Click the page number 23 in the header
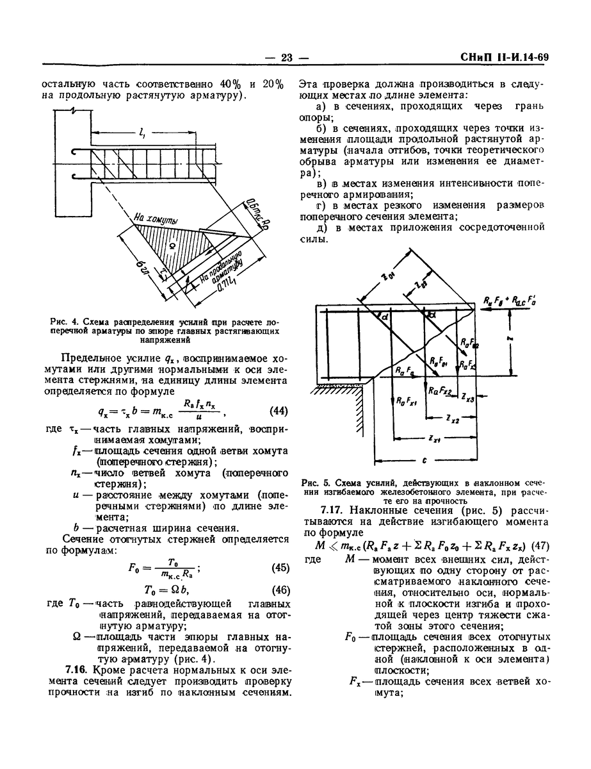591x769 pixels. pyautogui.click(x=286, y=58)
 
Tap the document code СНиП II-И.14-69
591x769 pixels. pyautogui.click(x=505, y=58)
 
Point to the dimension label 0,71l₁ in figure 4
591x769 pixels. pyautogui.click(x=227, y=285)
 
